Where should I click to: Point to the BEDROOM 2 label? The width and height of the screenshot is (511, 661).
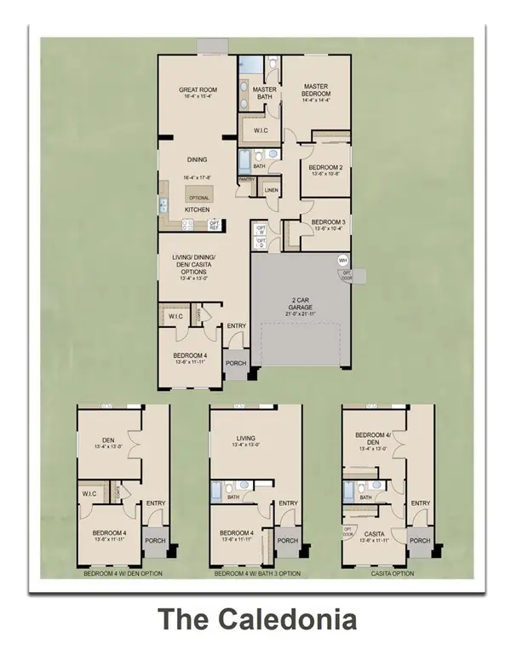coord(325,167)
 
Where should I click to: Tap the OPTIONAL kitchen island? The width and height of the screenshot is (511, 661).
coord(199,197)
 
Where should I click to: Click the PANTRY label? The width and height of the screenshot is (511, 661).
coord(247,180)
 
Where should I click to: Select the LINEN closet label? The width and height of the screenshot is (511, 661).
coord(271,191)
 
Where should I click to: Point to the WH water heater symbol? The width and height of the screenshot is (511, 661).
coord(343,260)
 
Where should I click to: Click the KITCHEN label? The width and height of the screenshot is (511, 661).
coord(198,210)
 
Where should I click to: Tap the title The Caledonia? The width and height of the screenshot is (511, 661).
coord(255,618)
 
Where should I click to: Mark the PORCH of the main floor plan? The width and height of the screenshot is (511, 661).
coord(236,364)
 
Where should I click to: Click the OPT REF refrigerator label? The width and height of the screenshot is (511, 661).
coord(214,225)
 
